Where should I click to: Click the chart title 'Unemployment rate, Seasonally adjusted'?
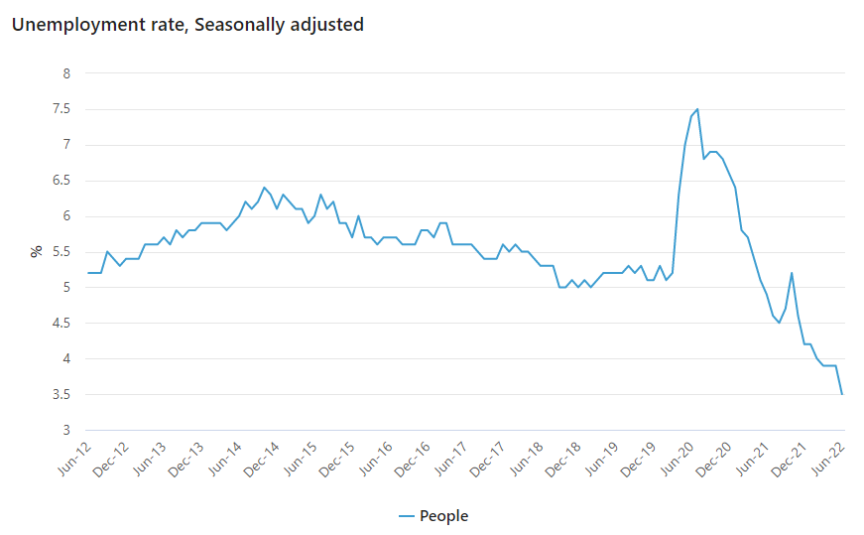tap(187, 25)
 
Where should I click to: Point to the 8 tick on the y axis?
tap(66, 73)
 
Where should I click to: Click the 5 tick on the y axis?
tap(66, 288)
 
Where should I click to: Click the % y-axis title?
tap(36, 252)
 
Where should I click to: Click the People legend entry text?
tap(443, 516)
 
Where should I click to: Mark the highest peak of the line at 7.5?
tap(697, 109)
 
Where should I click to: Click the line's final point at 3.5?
tap(842, 394)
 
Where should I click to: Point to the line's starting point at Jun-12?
tap(88, 273)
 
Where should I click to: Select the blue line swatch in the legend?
tap(405, 516)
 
